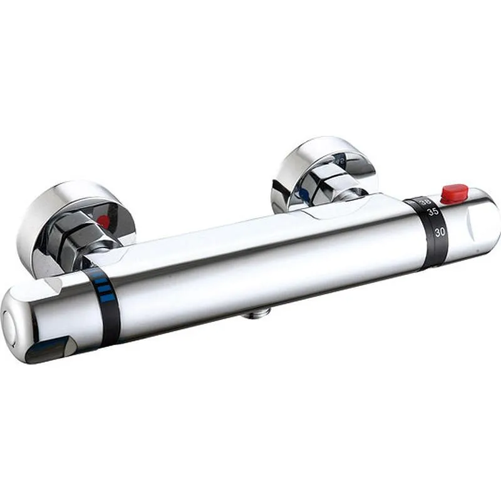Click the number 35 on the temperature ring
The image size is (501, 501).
(x=433, y=212)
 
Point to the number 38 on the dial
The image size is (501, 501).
(x=425, y=202)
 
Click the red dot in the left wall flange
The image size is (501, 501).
(x=103, y=221)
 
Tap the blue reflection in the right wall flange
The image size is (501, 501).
(x=304, y=195)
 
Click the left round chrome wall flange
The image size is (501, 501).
(x=69, y=213)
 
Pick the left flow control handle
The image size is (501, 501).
(x=50, y=316)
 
